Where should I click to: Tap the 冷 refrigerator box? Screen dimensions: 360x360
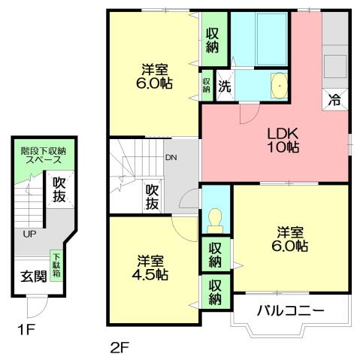click(x=334, y=98)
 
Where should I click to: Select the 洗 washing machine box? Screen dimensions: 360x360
click(x=225, y=85)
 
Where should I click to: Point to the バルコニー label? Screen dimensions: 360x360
click(x=290, y=310)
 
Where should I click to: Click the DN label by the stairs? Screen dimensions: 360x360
click(x=171, y=158)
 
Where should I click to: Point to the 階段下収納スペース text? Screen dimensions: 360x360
click(x=43, y=156)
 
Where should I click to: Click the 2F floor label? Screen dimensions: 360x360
click(x=119, y=347)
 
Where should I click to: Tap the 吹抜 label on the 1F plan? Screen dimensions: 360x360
click(x=57, y=191)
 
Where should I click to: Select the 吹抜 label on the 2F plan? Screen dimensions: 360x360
click(x=153, y=198)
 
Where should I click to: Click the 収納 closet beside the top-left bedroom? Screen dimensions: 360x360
click(x=213, y=36)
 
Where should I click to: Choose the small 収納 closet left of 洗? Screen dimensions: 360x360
click(x=206, y=84)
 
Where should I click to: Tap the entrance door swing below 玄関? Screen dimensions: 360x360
click(x=35, y=307)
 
